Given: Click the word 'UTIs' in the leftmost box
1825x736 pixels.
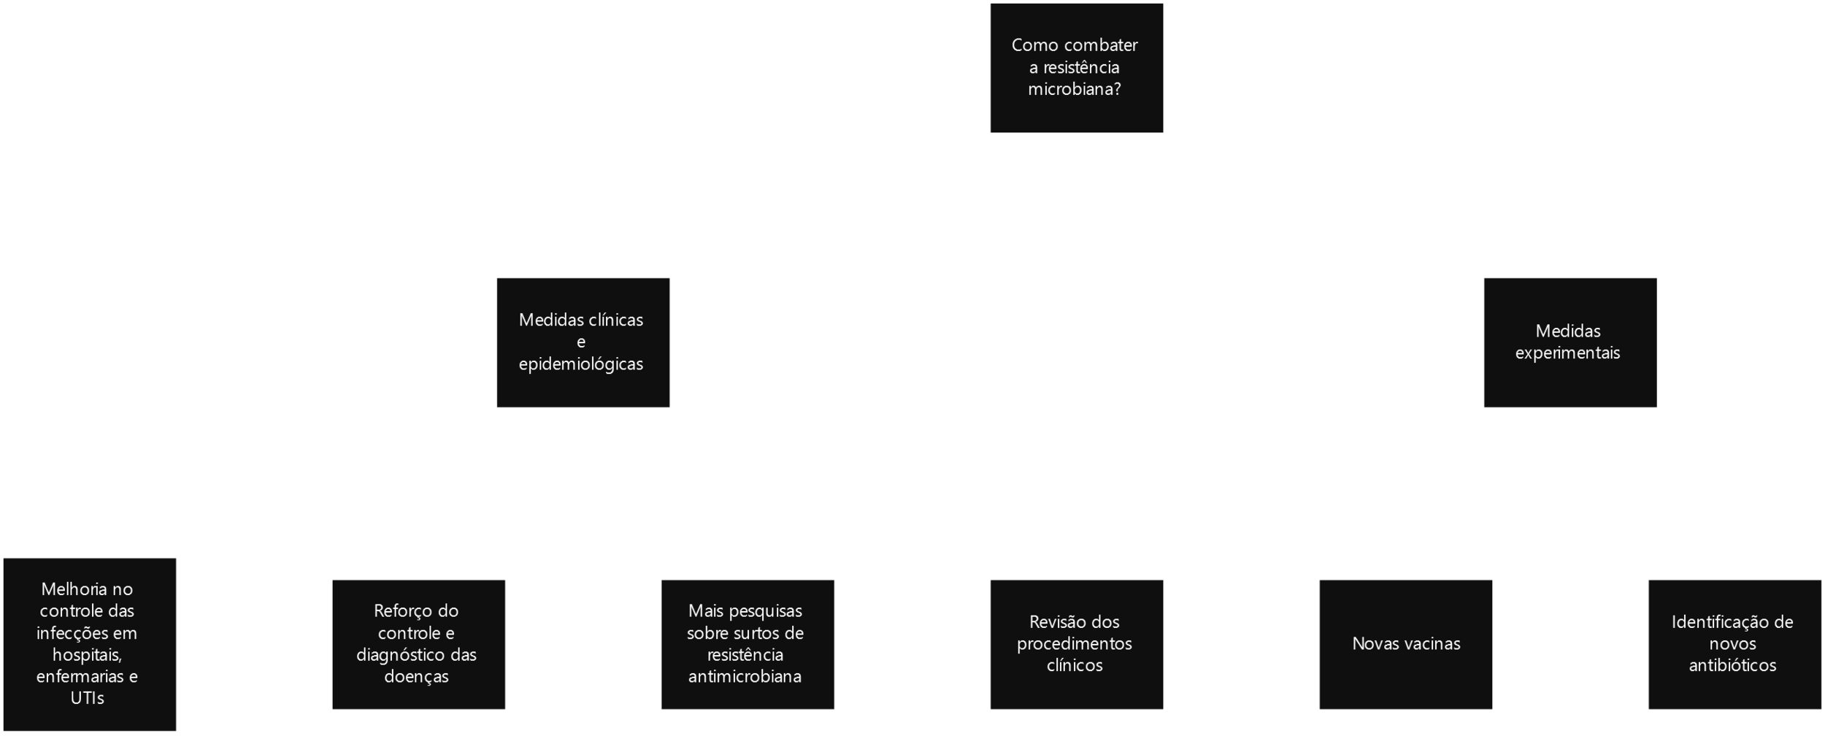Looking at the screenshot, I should pyautogui.click(x=88, y=699).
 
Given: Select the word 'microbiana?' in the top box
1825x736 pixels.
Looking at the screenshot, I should pyautogui.click(x=1075, y=90).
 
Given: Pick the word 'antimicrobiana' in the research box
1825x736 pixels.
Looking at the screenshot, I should pyautogui.click(x=745, y=677).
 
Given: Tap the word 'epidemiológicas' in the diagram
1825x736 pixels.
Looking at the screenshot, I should pyautogui.click(x=581, y=364).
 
